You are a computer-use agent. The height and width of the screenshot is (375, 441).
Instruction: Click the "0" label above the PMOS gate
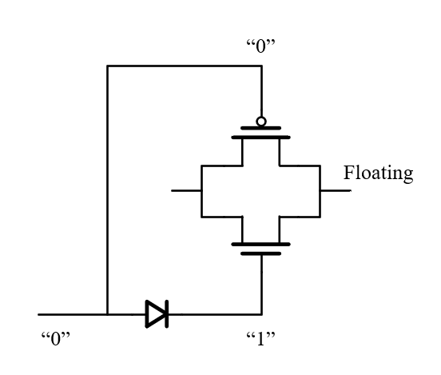pyautogui.click(x=260, y=46)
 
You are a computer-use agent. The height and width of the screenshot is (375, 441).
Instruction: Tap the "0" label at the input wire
pyautogui.click(x=55, y=338)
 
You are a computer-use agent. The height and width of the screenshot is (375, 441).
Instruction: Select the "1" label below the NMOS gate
pyautogui.click(x=260, y=338)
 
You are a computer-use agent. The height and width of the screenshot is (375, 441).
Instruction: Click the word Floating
pyautogui.click(x=378, y=174)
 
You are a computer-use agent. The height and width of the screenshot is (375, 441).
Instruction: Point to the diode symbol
pyautogui.click(x=157, y=314)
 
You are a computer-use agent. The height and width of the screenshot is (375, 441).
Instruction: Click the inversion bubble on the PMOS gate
pyautogui.click(x=261, y=122)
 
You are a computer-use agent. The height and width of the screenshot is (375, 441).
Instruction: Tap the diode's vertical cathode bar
pyautogui.click(x=167, y=314)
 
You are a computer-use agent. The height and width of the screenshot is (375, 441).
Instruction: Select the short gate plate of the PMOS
pyautogui.click(x=260, y=128)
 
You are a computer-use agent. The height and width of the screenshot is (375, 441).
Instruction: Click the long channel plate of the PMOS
pyautogui.click(x=260, y=138)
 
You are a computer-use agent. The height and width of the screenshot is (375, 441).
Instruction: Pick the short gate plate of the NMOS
pyautogui.click(x=260, y=253)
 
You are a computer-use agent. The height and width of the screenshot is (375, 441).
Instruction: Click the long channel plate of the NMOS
pyautogui.click(x=260, y=245)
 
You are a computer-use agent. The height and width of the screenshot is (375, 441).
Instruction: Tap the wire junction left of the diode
pyautogui.click(x=107, y=314)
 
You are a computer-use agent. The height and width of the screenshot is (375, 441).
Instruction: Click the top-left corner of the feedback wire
pyautogui.click(x=107, y=66)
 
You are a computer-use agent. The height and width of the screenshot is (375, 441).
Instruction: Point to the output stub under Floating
pyautogui.click(x=336, y=190)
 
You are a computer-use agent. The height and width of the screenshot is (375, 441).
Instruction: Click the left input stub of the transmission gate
pyautogui.click(x=186, y=190)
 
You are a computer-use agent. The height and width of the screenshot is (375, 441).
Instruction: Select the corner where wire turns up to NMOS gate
pyautogui.click(x=261, y=314)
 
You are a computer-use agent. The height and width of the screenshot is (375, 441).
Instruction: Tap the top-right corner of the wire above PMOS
pyautogui.click(x=261, y=66)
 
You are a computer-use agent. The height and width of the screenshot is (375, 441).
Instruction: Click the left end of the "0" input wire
pyautogui.click(x=38, y=314)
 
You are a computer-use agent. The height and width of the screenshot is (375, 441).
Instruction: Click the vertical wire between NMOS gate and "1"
pyautogui.click(x=261, y=285)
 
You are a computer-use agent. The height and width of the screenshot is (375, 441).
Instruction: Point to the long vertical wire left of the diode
pyautogui.click(x=107, y=190)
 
